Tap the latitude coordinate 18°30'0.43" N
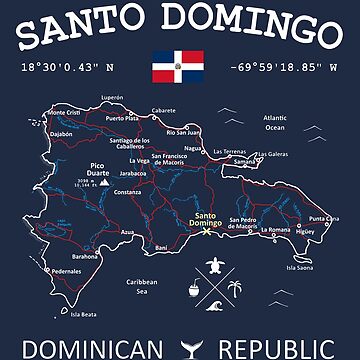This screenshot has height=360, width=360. tap(62, 68)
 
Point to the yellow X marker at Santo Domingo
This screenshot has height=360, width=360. tap(207, 232)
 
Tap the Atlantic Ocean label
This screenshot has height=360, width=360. tap(274, 122)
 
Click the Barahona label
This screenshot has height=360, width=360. tap(86, 256)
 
